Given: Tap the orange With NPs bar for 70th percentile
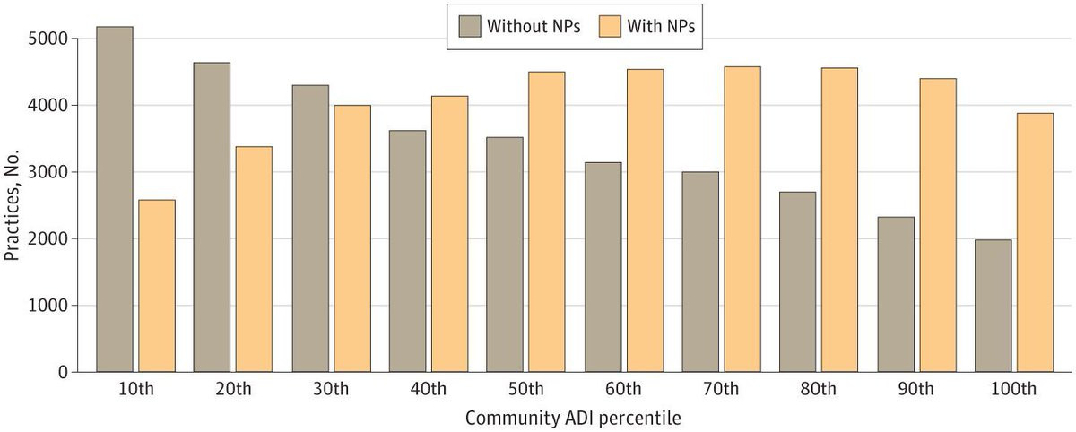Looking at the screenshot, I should pos(742,219).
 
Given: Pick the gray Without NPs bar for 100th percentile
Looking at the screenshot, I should pos(993,305).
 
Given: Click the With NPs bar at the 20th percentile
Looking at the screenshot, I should pos(254,259).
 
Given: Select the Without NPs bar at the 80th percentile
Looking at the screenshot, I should pos(797,281).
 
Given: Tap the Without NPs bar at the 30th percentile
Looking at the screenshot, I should pos(309,228).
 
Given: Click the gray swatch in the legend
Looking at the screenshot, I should pos(468,25).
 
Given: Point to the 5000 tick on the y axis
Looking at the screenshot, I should pos(48,39).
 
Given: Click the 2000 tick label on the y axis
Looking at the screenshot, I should pos(48,239).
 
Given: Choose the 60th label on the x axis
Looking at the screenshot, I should pos(623,389).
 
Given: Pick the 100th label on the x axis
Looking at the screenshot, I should pos(1014,389).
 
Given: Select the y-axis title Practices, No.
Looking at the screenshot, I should pos(13,206).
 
